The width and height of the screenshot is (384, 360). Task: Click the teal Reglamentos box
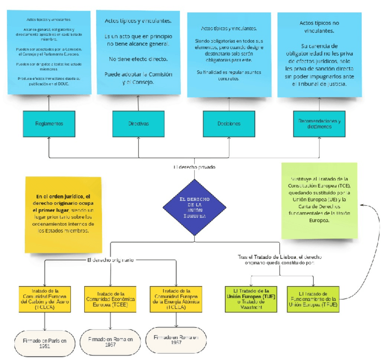pyautogui.click(x=48, y=124)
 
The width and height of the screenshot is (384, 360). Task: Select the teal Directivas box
pyautogui.click(x=138, y=124)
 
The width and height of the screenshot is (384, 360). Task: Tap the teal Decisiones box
pyautogui.click(x=228, y=124)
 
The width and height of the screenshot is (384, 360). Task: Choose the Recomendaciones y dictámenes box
pyautogui.click(x=319, y=124)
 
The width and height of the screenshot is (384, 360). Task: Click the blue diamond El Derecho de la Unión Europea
pyautogui.click(x=194, y=207)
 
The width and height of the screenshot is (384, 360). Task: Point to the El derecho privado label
pyautogui.click(x=194, y=167)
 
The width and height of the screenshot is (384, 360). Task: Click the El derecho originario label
pyautogui.click(x=110, y=260)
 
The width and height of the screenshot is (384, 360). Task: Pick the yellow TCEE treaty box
pyautogui.click(x=111, y=299)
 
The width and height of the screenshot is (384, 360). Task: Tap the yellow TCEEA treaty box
pyautogui.click(x=177, y=299)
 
